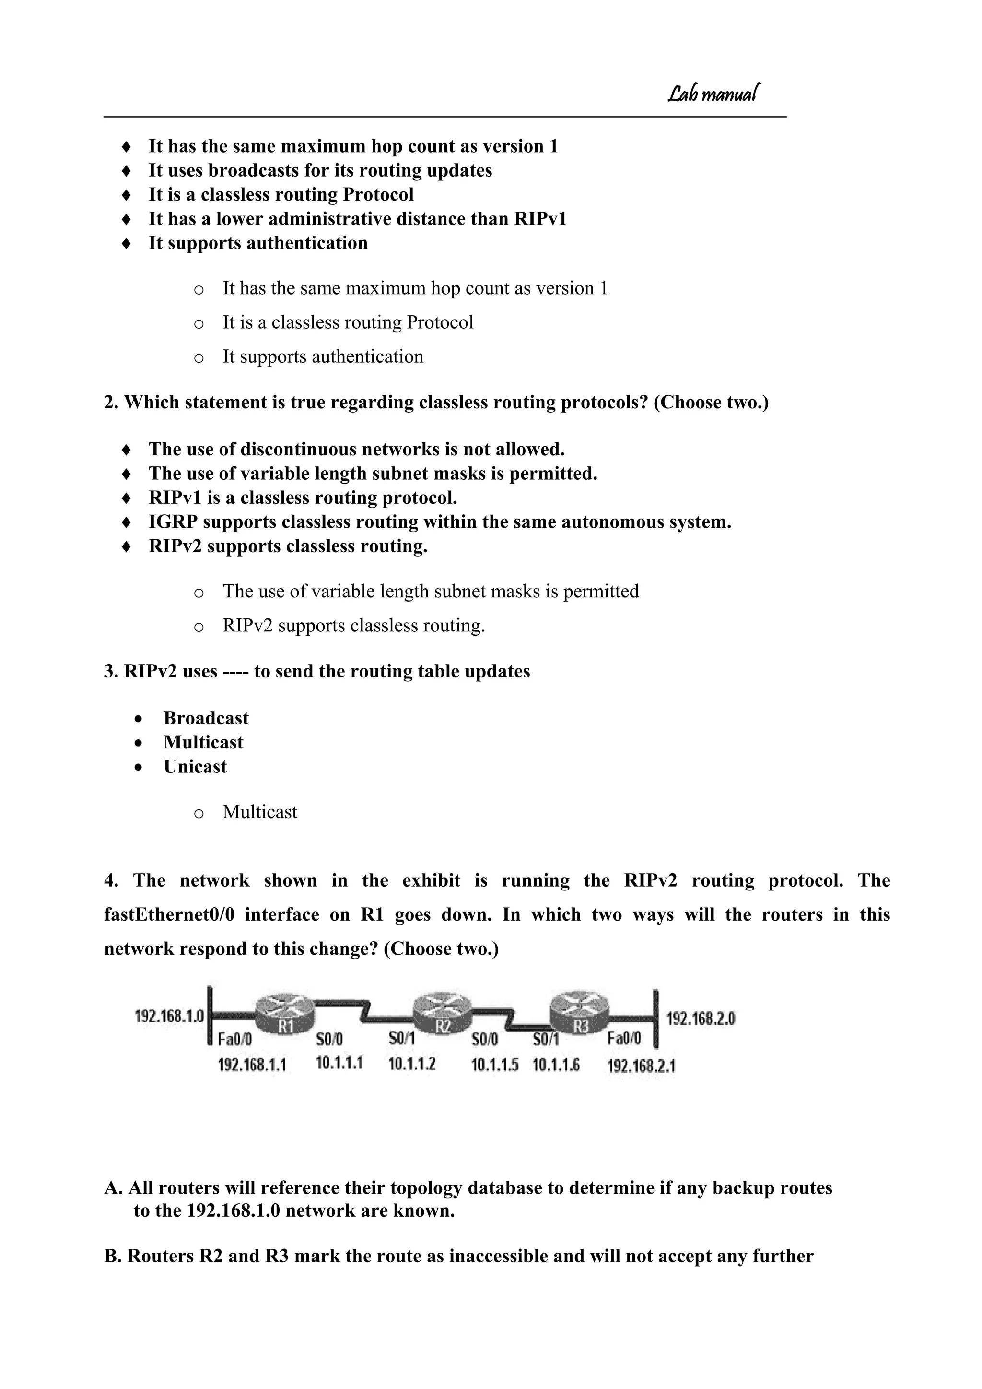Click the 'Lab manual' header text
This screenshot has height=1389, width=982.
tap(713, 93)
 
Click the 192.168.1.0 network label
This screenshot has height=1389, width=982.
tap(169, 1016)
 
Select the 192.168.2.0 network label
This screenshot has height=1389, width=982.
tap(700, 1019)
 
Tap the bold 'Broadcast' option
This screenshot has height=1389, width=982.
tap(206, 718)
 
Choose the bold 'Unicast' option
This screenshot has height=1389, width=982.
tap(195, 767)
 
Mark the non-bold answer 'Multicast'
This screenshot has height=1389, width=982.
tap(259, 812)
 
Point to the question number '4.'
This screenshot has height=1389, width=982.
tap(111, 880)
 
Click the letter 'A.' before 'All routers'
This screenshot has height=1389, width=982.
tap(114, 1188)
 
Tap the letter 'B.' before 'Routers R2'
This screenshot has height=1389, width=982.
tap(113, 1256)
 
